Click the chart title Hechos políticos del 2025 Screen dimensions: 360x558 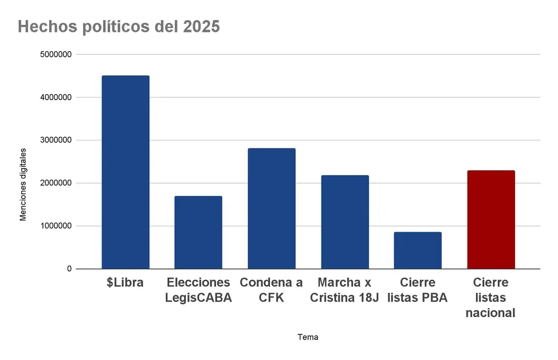point(119,27)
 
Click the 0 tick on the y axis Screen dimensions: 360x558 point(69,269)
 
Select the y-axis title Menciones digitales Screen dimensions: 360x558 point(23,184)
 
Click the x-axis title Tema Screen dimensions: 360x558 point(308,337)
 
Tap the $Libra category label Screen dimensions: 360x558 point(126,282)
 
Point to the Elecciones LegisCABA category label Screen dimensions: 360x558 point(198,290)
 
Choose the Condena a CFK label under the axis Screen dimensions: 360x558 point(272,290)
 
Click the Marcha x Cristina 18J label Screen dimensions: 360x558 point(345,290)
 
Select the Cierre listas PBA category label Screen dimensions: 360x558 point(418,290)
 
